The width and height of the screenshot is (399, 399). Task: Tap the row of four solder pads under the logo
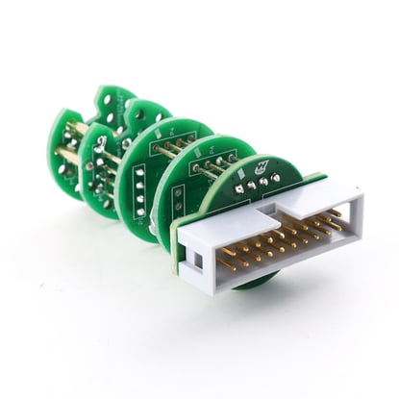[258, 182]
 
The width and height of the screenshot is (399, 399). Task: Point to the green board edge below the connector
[251, 281]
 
